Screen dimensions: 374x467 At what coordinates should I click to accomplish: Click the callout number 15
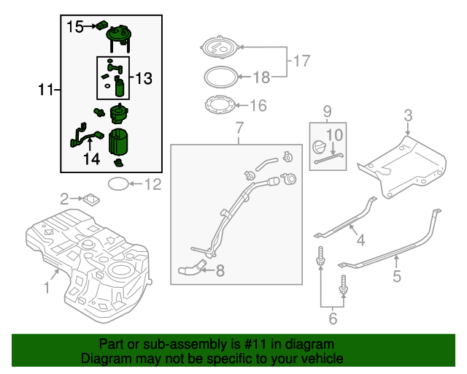(x=75, y=27)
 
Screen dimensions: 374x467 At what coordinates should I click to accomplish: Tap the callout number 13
(x=144, y=77)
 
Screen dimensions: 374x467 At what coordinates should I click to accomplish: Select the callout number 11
(x=46, y=90)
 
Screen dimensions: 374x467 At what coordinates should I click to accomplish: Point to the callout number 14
(x=91, y=159)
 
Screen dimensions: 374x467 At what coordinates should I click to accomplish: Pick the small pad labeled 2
(x=91, y=197)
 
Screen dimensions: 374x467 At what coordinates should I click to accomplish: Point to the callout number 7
(x=238, y=129)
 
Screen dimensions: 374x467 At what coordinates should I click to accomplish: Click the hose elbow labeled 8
(x=191, y=270)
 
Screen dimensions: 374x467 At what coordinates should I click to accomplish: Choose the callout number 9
(x=328, y=112)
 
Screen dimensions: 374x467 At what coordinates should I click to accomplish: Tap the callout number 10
(x=334, y=134)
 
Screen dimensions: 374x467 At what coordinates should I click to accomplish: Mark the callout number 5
(x=397, y=276)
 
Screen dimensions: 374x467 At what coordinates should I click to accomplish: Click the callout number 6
(x=332, y=318)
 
